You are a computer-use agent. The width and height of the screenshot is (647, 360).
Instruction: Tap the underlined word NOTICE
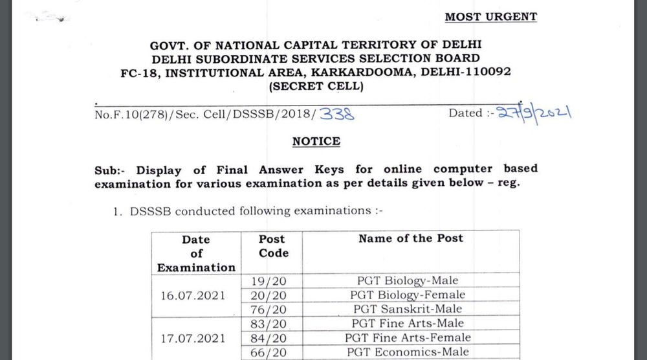pyautogui.click(x=316, y=141)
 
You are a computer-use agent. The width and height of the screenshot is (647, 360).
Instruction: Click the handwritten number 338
pyautogui.click(x=340, y=115)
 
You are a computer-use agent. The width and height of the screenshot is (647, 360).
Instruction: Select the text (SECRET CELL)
pyautogui.click(x=315, y=85)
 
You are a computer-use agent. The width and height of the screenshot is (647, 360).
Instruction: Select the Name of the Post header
pyautogui.click(x=411, y=238)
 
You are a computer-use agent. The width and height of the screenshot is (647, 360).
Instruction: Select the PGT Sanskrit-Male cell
pyautogui.click(x=411, y=309)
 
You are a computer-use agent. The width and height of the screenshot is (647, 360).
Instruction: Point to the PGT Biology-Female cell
pyautogui.click(x=411, y=295)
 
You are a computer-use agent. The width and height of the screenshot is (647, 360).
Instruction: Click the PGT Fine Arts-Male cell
pyautogui.click(x=411, y=323)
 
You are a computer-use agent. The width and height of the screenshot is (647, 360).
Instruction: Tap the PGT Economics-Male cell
pyautogui.click(x=411, y=352)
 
